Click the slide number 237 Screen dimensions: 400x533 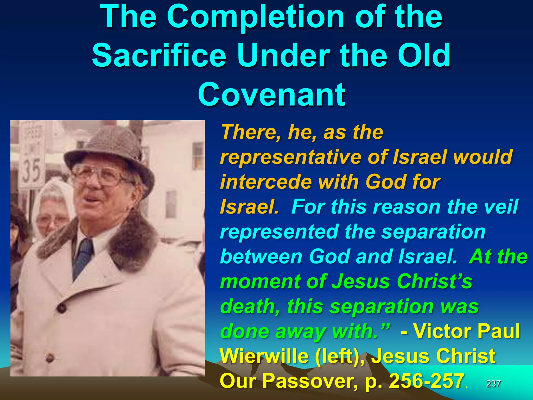(x=493, y=383)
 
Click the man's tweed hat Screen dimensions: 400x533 (x=109, y=154)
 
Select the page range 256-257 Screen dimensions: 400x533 (x=427, y=381)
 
